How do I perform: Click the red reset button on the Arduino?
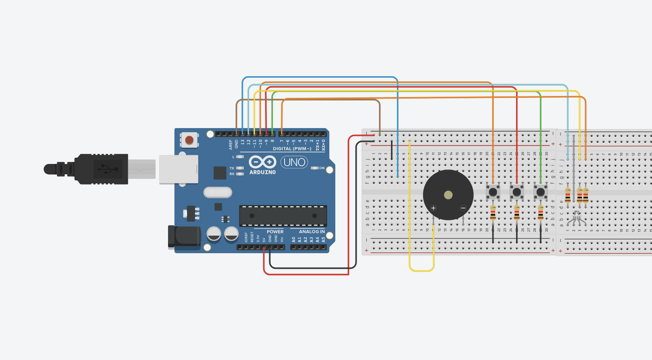189,140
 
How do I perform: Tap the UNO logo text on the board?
294,162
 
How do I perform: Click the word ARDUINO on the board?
263,172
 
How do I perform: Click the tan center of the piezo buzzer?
448,195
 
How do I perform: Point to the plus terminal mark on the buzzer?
433,208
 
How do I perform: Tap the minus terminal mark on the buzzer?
463,208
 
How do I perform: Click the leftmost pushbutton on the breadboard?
493,192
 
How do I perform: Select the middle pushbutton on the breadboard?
517,192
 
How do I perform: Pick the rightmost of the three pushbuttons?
540,192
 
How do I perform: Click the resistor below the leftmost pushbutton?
493,213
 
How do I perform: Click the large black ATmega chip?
283,216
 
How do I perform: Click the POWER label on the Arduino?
275,232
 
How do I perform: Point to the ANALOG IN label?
311,232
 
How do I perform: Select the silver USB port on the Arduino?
178,170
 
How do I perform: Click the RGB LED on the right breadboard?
577,217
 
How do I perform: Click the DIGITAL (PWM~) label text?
292,149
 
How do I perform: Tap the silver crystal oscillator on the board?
218,192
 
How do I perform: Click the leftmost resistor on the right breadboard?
568,195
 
